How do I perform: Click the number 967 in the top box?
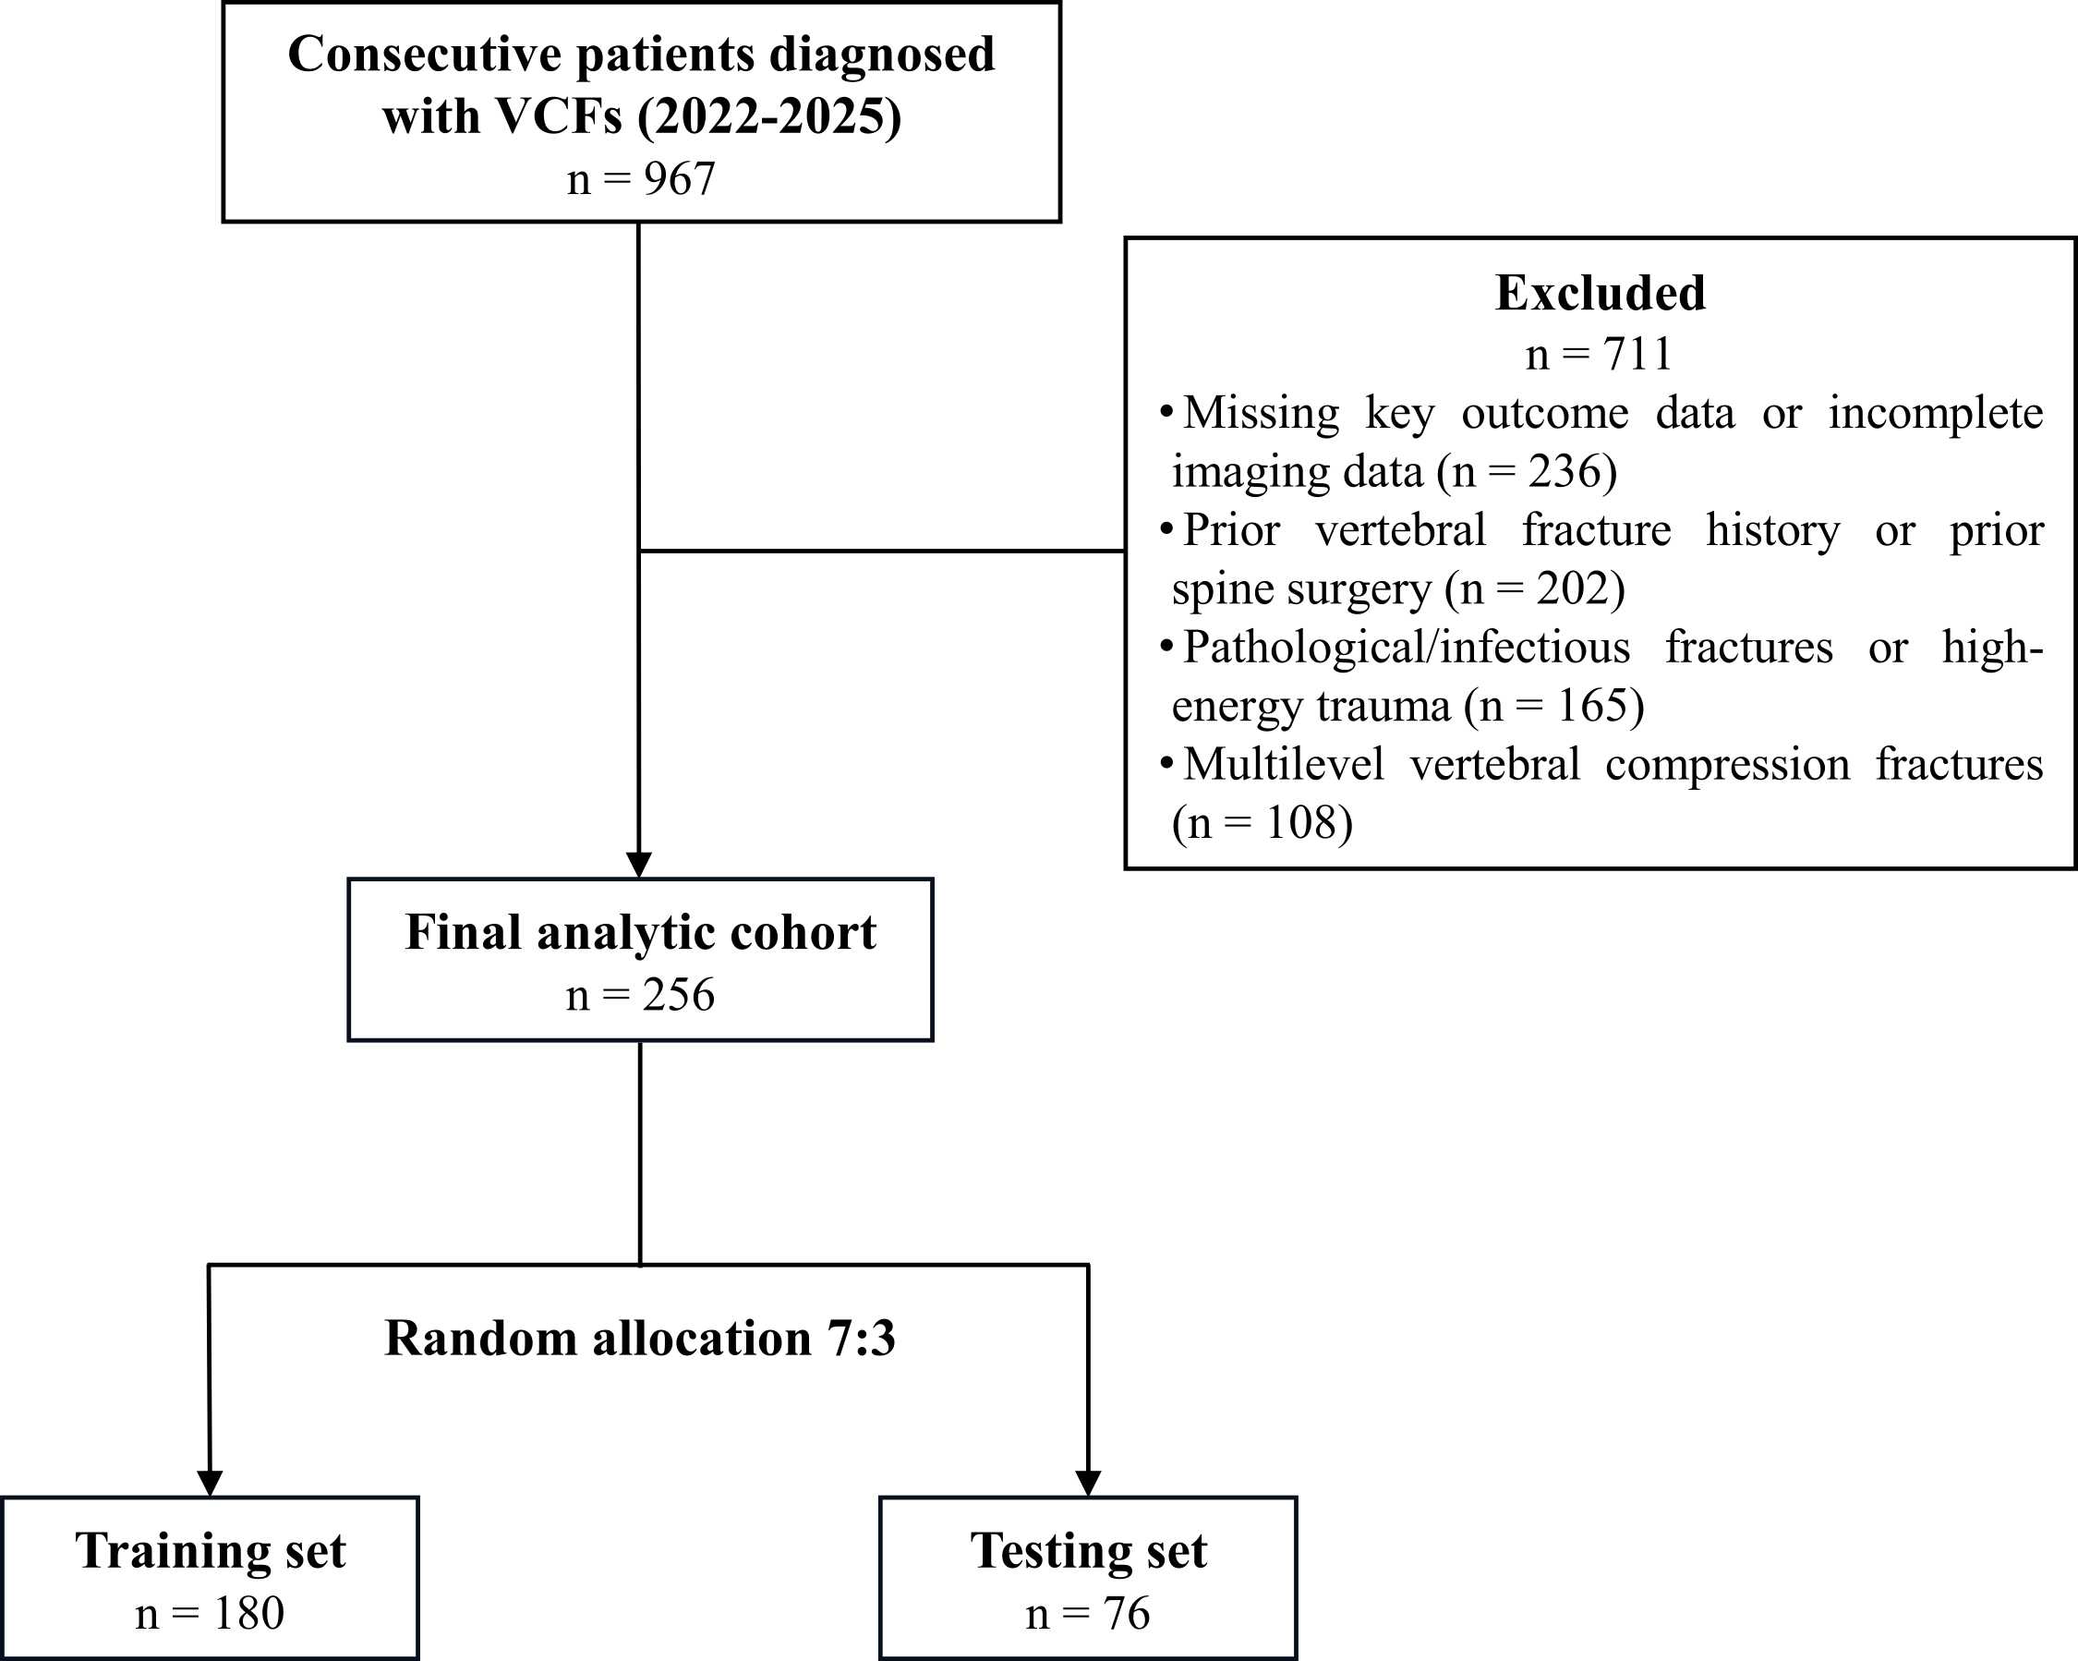tap(680, 178)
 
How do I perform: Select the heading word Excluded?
tap(1600, 293)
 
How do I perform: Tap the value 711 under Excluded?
tap(1637, 354)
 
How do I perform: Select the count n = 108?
tap(1263, 823)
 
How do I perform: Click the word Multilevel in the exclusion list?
tap(1284, 765)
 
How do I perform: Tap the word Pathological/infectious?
tap(1407, 647)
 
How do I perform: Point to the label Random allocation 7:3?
tap(640, 1338)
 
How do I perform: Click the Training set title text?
tap(211, 1551)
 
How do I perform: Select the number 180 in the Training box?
tap(248, 1614)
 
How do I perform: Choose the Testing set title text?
tap(1088, 1551)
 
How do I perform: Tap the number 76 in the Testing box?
tap(1127, 1614)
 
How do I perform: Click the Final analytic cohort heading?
tap(641, 932)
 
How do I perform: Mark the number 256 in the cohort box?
tap(679, 995)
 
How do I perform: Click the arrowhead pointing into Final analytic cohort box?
tap(639, 865)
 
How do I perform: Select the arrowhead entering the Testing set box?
tap(1088, 1484)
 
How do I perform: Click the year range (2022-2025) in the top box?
tap(769, 116)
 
